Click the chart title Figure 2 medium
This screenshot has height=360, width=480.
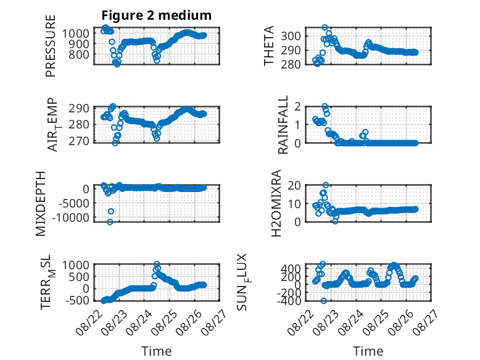pyautogui.click(x=157, y=15)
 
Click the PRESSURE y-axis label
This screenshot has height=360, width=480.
pyautogui.click(x=51, y=46)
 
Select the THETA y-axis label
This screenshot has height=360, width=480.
pyautogui.click(x=268, y=46)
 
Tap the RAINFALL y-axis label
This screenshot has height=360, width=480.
pyautogui.click(x=283, y=125)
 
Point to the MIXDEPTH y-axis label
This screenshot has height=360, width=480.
pyautogui.click(x=40, y=204)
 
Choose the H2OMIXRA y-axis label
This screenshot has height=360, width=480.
pyautogui.click(x=276, y=203)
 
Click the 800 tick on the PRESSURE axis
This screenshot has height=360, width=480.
pyautogui.click(x=80, y=55)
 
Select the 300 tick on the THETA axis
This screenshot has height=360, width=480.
pyautogui.click(x=291, y=36)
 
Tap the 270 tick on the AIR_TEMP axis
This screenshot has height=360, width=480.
pyautogui.click(x=79, y=141)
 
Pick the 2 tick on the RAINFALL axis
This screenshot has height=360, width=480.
pyautogui.click(x=297, y=107)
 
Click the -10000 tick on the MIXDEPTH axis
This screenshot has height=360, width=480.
pyautogui.click(x=71, y=217)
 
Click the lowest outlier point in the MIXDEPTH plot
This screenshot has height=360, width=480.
pyautogui.click(x=110, y=222)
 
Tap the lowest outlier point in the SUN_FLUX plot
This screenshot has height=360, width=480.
pyautogui.click(x=323, y=301)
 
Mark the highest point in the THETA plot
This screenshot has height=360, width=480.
pyautogui.click(x=325, y=28)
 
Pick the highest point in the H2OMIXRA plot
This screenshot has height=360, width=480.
pyautogui.click(x=326, y=185)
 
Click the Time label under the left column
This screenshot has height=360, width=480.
pyautogui.click(x=157, y=351)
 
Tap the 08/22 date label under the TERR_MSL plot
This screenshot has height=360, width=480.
pyautogui.click(x=88, y=322)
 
